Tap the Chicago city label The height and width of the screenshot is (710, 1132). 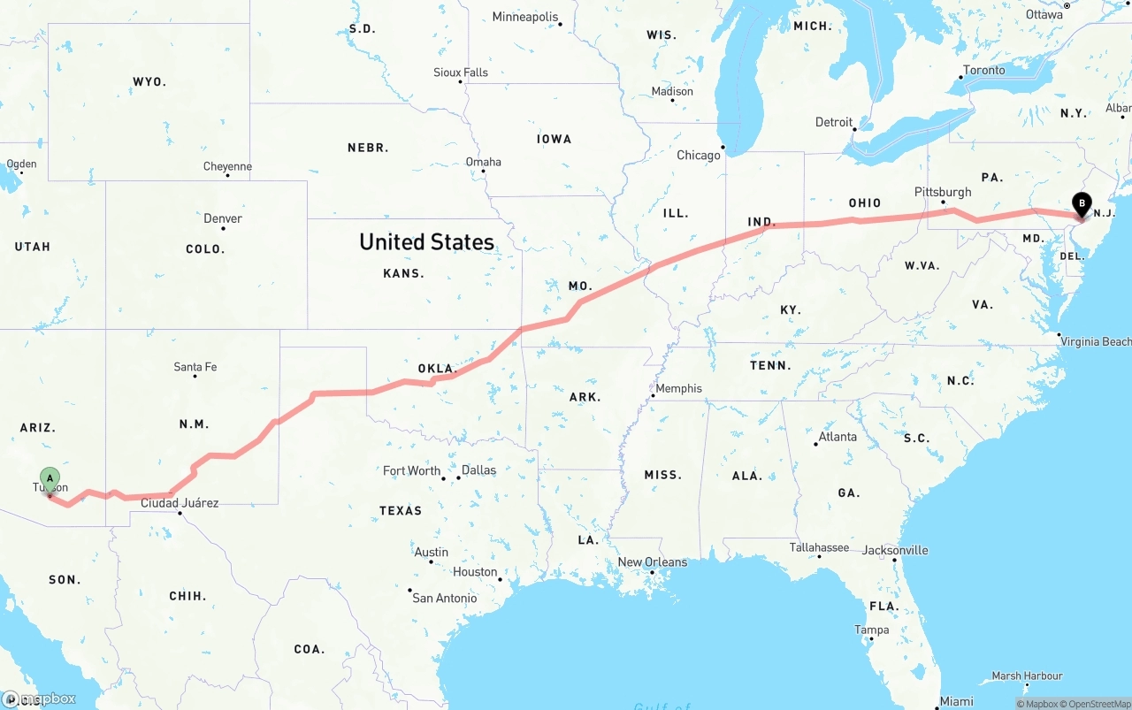[x=699, y=156]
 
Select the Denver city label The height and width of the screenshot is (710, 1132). [x=223, y=218]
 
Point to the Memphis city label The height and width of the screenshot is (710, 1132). [x=679, y=388]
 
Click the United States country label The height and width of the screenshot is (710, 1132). [x=426, y=242]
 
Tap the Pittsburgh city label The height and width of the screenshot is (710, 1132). [x=943, y=192]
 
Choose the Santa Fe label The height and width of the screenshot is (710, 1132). [x=195, y=367]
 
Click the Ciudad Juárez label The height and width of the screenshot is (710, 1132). [x=180, y=503]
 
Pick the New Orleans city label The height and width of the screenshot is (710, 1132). [x=652, y=562]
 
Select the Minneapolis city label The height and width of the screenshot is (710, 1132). [x=525, y=17]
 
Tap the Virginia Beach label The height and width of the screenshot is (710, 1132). [x=1096, y=341]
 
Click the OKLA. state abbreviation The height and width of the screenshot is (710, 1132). [x=437, y=369]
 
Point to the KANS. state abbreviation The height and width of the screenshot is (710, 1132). [x=403, y=274]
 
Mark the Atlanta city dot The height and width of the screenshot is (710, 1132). [x=816, y=443]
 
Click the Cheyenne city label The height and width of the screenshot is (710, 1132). [x=227, y=166]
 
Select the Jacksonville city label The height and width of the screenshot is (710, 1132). [x=896, y=550]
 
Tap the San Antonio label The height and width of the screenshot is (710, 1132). [x=445, y=599]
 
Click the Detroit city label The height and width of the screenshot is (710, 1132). [x=834, y=122]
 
